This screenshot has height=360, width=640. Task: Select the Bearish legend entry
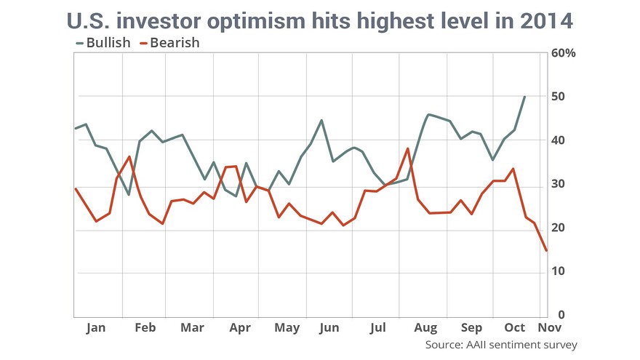point(175,42)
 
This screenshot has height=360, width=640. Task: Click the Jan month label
point(95,328)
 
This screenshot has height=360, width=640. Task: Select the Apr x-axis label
point(240,328)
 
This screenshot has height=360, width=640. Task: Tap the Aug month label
point(426,328)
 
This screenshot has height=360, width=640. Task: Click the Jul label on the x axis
point(377,328)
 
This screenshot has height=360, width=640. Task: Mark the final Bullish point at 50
point(525,96)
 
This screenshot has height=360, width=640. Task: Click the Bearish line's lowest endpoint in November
point(546,250)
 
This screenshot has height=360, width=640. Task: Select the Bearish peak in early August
point(408,148)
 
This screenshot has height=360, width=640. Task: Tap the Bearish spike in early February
point(129,156)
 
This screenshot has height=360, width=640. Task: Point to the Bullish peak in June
point(321,120)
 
